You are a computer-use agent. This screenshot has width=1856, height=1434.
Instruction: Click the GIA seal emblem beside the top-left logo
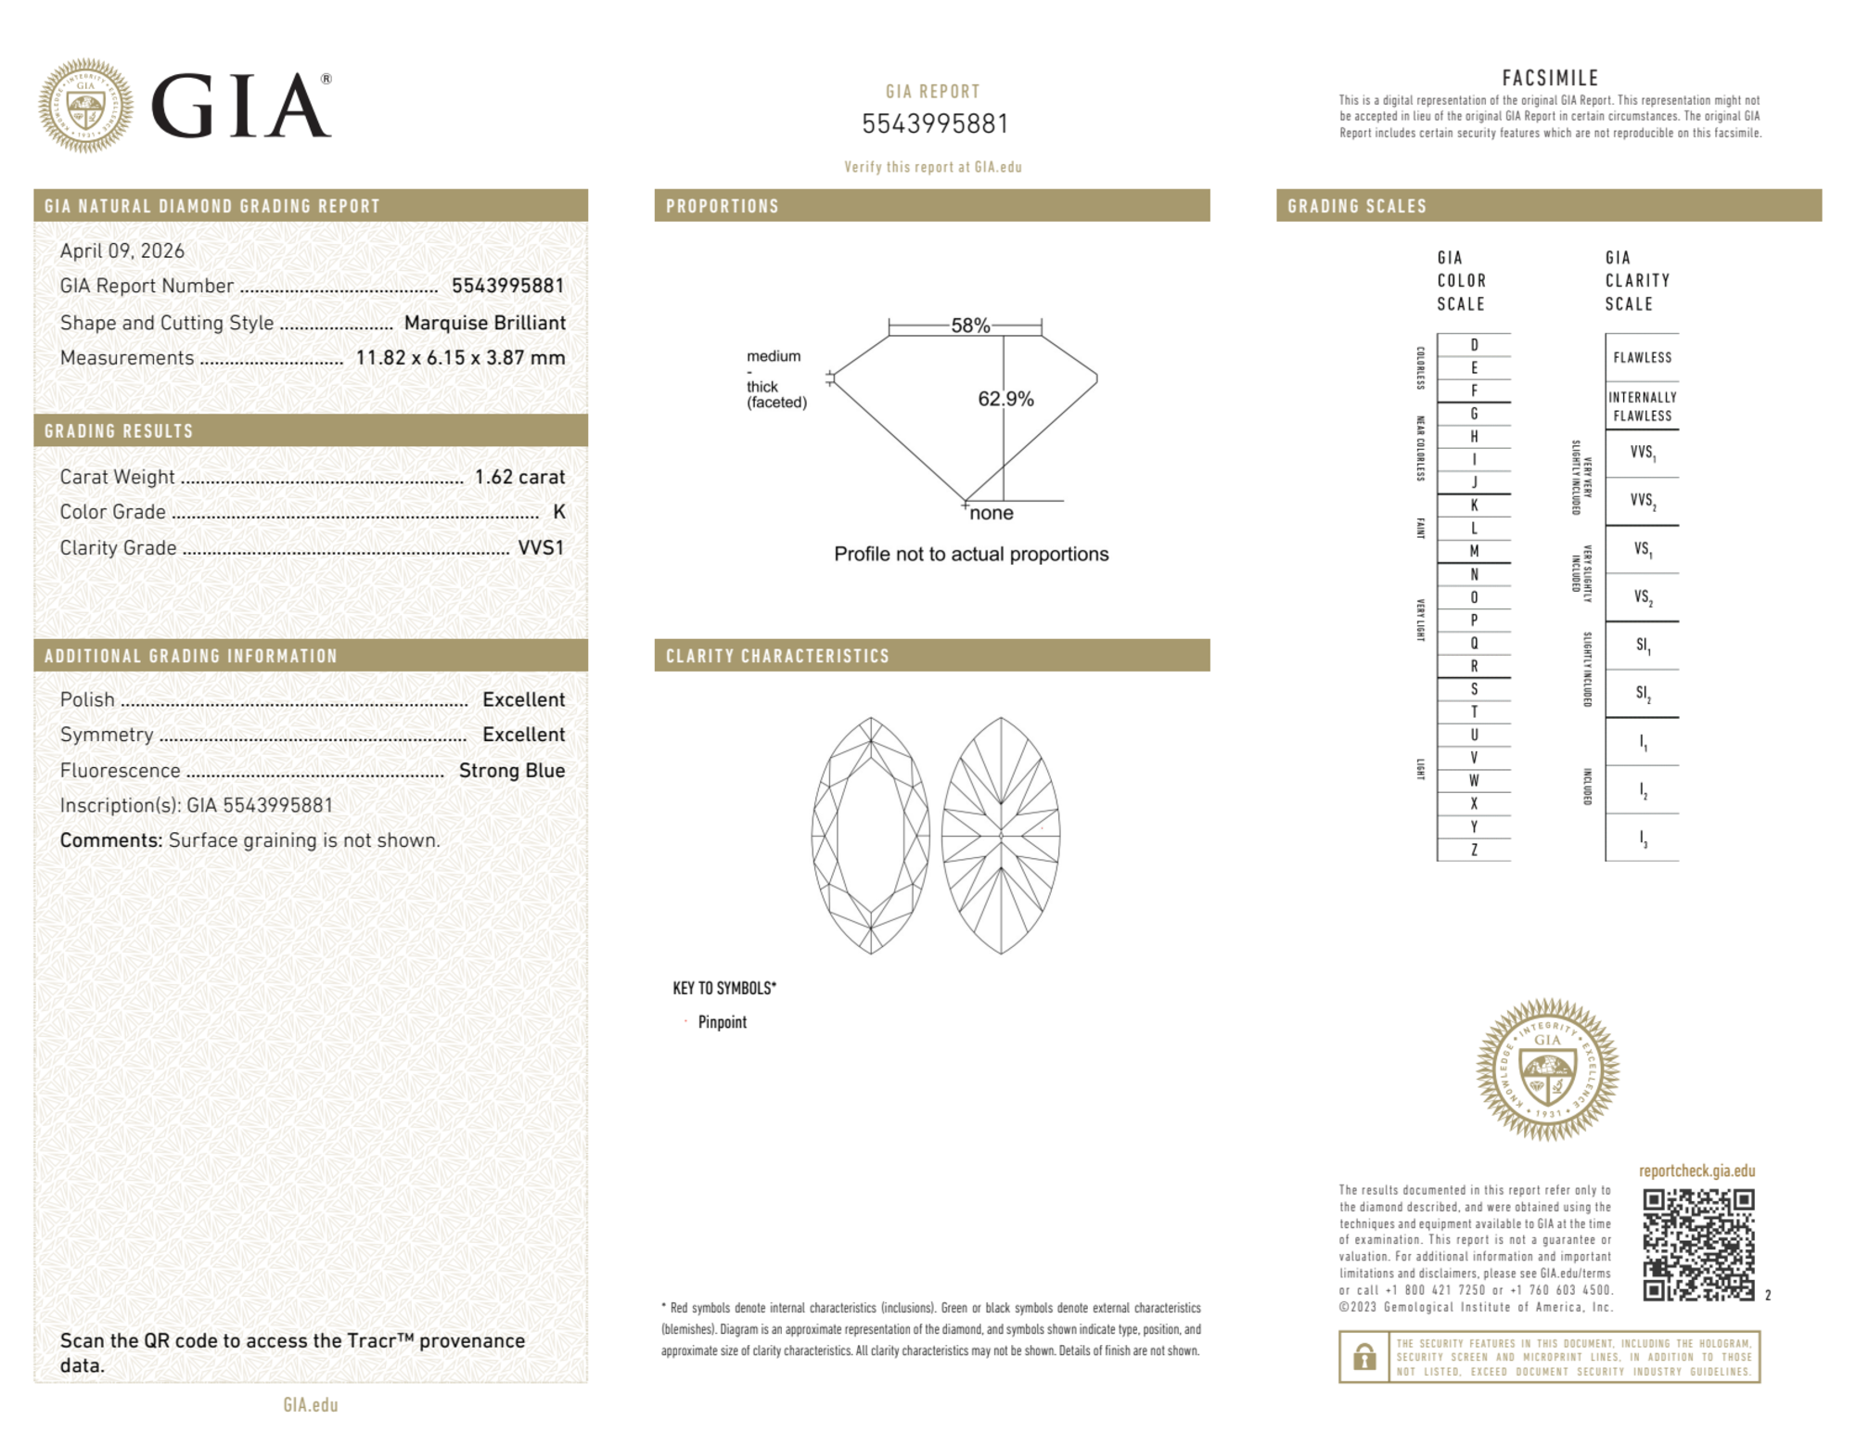point(85,106)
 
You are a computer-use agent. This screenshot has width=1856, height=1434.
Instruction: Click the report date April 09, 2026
point(122,250)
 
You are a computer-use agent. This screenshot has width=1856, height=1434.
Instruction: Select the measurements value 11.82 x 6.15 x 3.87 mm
point(460,358)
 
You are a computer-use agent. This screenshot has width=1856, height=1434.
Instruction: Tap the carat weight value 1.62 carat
point(519,477)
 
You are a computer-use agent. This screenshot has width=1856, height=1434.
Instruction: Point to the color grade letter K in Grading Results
point(558,512)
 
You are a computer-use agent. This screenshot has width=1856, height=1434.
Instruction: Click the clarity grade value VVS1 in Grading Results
point(541,548)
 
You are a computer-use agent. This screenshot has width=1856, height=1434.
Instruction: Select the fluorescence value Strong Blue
point(512,771)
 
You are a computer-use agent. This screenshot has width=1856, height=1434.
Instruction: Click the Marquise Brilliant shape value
point(484,323)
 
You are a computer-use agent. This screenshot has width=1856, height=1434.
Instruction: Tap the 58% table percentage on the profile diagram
point(970,326)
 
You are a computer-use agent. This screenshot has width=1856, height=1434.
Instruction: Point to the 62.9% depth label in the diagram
point(1005,399)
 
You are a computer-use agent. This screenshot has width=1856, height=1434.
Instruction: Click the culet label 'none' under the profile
point(992,513)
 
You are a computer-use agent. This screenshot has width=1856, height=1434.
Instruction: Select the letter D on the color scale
point(1474,345)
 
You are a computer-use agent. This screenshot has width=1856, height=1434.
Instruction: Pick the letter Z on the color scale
point(1474,850)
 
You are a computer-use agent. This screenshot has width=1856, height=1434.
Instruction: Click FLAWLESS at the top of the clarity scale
point(1642,358)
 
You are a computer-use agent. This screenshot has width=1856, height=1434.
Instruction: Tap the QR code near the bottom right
point(1698,1245)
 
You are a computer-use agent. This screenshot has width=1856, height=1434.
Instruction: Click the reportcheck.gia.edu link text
point(1696,1171)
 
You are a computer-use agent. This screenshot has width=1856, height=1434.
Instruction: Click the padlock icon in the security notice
point(1363,1357)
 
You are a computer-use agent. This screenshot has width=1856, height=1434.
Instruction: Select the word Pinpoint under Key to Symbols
point(722,1022)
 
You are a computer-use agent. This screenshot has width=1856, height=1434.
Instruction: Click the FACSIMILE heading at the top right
point(1550,78)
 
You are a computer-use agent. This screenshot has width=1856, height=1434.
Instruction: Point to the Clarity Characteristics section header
point(777,656)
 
